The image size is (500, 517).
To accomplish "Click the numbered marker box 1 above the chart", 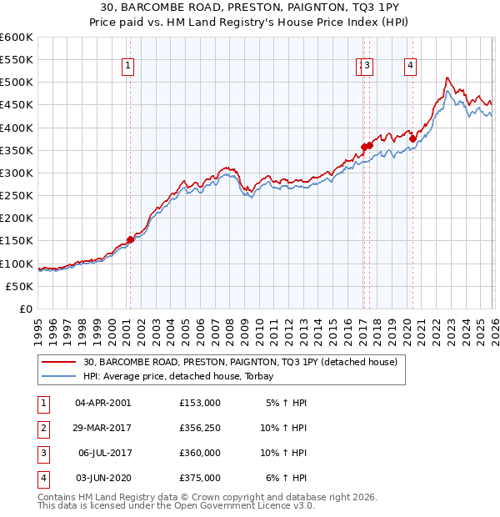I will coord(128,67).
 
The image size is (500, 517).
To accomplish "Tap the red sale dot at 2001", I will coord(130,239).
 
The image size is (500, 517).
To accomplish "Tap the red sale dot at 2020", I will coord(412,138).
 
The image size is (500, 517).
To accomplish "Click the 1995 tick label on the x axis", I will coord(38,325).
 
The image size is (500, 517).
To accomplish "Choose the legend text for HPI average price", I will coord(184,376).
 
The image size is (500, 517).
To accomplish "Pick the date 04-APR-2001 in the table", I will coord(102,402).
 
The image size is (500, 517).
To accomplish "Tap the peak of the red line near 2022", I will coord(447,78).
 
